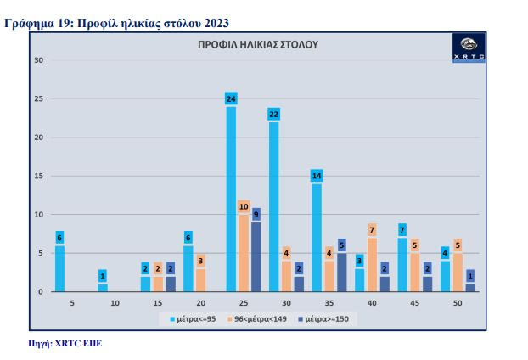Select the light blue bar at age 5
click(59, 268)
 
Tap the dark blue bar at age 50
click(470, 287)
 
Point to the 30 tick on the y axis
click(38, 60)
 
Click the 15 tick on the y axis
click(38, 176)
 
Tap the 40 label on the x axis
click(373, 302)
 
